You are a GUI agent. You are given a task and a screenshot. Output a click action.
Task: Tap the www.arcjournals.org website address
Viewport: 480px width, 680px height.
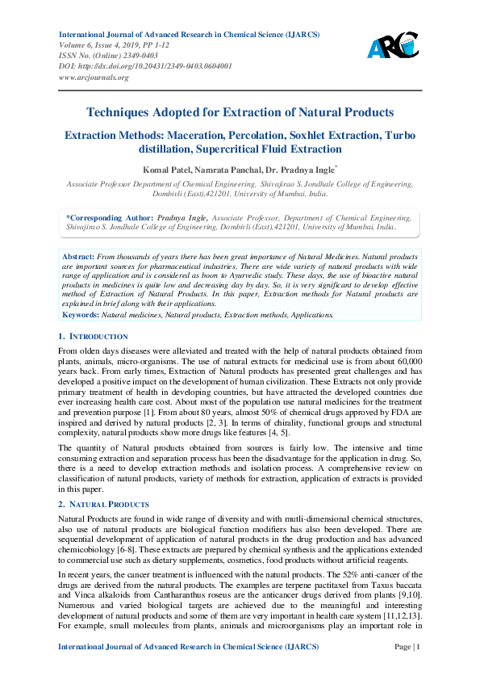94,78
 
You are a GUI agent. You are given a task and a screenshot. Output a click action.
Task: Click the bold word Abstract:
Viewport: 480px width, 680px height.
79,255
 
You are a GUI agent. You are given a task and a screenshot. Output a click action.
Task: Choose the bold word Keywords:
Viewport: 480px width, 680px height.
81,313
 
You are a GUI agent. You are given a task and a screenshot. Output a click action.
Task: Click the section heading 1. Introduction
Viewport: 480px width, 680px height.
94,336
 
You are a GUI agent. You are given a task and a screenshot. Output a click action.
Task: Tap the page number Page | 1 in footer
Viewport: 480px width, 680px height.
407,647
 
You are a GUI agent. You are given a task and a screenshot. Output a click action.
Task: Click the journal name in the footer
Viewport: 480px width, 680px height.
189,647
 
